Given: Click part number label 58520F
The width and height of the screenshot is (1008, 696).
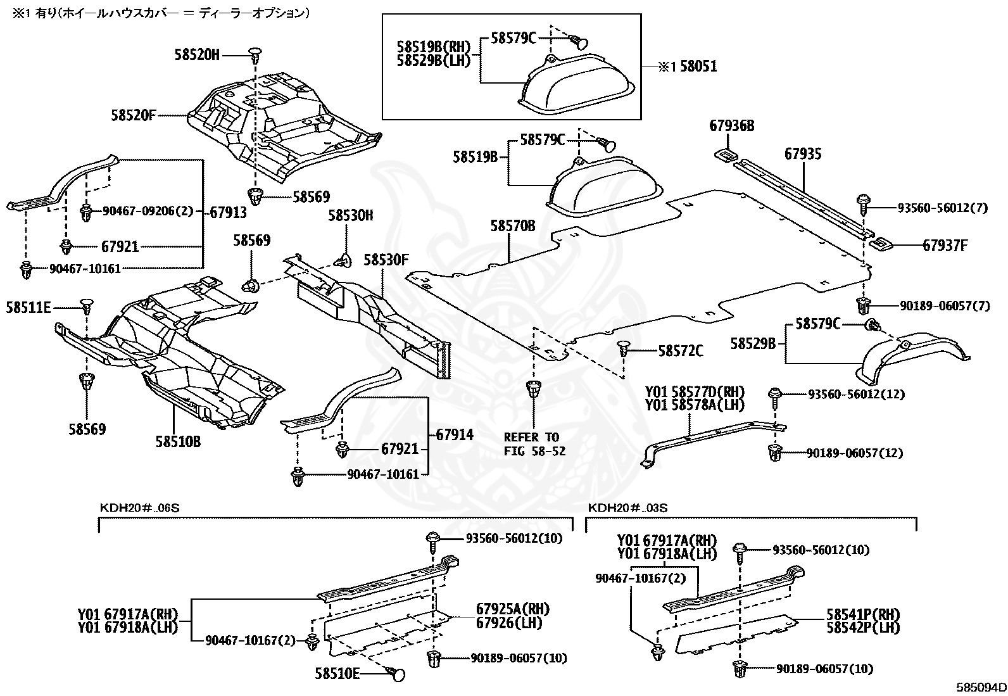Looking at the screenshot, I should (x=133, y=115).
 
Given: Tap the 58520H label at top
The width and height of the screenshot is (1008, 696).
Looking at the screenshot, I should (x=197, y=55).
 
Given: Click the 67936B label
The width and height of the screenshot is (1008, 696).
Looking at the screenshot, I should (x=731, y=126).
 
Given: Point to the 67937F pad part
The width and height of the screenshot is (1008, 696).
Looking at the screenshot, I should (x=880, y=244).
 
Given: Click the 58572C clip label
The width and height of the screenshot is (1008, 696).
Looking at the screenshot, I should (x=680, y=350).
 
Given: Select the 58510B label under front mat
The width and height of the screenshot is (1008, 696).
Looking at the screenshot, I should (x=178, y=441).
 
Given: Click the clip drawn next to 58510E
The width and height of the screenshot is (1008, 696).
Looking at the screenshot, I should (x=398, y=674).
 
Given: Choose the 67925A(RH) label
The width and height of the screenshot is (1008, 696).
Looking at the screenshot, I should (x=513, y=609).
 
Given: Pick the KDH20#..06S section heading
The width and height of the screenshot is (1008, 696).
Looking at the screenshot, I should (x=135, y=508).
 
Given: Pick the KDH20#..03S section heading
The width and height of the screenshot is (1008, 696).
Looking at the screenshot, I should (x=627, y=508).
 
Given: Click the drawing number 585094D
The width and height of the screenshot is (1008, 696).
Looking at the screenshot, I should (x=981, y=687).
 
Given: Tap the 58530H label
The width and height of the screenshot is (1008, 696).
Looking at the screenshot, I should (x=350, y=215).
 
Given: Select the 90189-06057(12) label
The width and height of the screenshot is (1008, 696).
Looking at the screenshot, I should (x=854, y=453).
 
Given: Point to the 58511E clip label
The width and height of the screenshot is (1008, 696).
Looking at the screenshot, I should (x=28, y=308).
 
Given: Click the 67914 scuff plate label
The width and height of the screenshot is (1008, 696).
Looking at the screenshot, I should (x=455, y=435).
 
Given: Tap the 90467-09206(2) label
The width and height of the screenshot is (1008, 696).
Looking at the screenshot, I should (x=147, y=211).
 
